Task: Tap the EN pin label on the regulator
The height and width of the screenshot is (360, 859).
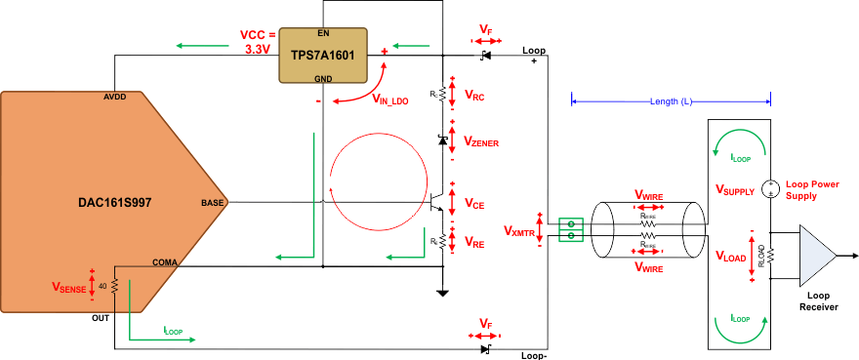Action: tap(322, 32)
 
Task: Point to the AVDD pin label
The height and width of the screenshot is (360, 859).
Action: tap(115, 98)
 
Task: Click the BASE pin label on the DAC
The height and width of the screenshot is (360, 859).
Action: tap(211, 203)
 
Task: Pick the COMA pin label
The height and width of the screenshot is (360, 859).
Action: tap(165, 260)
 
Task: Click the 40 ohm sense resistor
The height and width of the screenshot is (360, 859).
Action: tap(115, 286)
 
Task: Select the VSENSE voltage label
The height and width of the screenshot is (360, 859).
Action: tap(69, 288)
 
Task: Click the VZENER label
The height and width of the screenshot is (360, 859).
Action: tap(481, 142)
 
